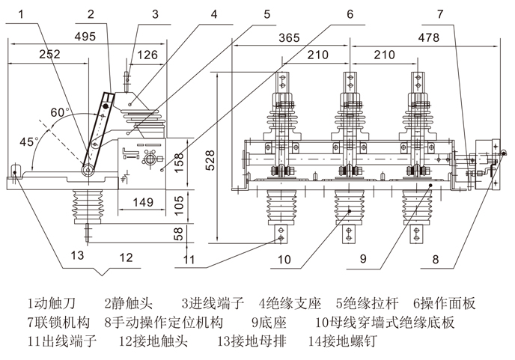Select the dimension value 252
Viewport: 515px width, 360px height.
[x=49, y=54]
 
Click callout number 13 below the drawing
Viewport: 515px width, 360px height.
[x=78, y=256]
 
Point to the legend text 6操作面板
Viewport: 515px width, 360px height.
[x=444, y=304]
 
